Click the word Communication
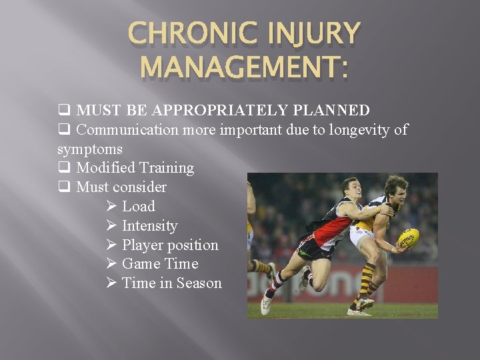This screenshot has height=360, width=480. pyautogui.click(x=127, y=129)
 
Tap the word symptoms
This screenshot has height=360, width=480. pyautogui.click(x=89, y=148)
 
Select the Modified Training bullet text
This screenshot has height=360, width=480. pyautogui.click(x=135, y=167)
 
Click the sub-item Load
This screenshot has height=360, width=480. pyautogui.click(x=138, y=206)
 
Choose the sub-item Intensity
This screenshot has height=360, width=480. pyautogui.click(x=149, y=225)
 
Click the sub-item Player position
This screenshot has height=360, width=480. pyautogui.click(x=170, y=245)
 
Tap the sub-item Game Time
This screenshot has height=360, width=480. pyautogui.click(x=160, y=263)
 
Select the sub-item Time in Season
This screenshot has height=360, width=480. pyautogui.click(x=171, y=283)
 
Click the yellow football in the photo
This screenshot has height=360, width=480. pyautogui.click(x=408, y=237)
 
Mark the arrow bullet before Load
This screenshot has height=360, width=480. pyautogui.click(x=111, y=206)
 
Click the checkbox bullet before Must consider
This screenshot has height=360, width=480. pyautogui.click(x=64, y=187)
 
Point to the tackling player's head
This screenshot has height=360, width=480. pyautogui.click(x=350, y=189)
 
